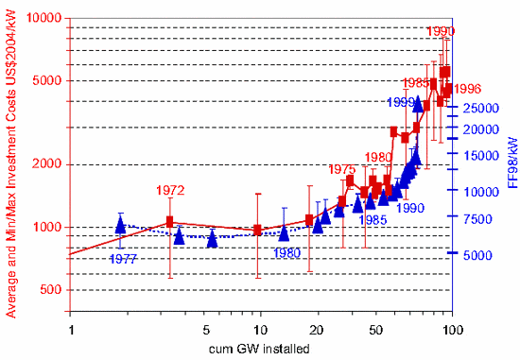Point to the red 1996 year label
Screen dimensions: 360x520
[467, 89]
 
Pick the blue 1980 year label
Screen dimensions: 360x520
[287, 252]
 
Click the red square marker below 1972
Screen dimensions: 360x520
[170, 222]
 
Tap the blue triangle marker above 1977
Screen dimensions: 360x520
[120, 225]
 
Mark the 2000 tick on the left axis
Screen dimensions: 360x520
[47, 164]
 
